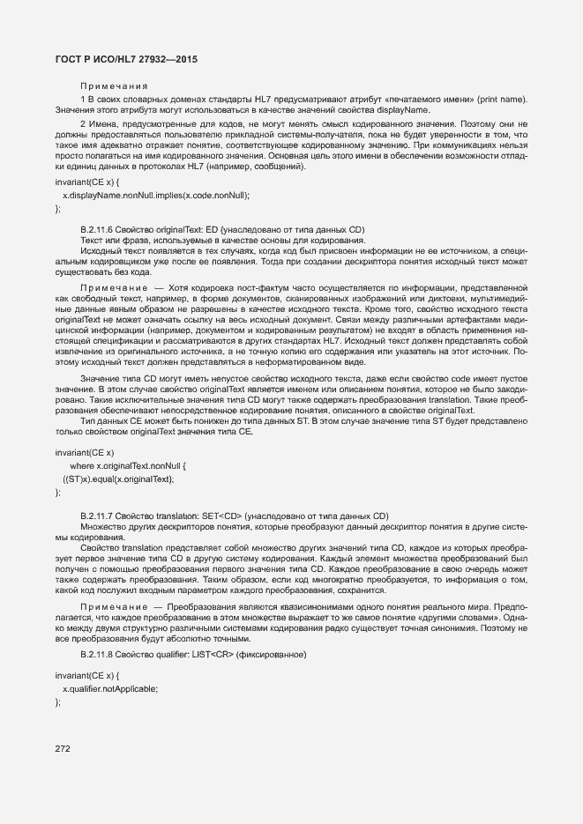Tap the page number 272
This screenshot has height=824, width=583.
(63, 748)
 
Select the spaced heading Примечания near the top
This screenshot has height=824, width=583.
(114, 85)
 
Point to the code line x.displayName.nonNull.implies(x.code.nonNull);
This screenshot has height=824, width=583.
(156, 195)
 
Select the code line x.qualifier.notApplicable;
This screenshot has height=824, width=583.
(110, 688)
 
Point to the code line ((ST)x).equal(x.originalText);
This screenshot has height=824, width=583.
(118, 479)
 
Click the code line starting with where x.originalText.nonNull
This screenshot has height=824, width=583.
(128, 465)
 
